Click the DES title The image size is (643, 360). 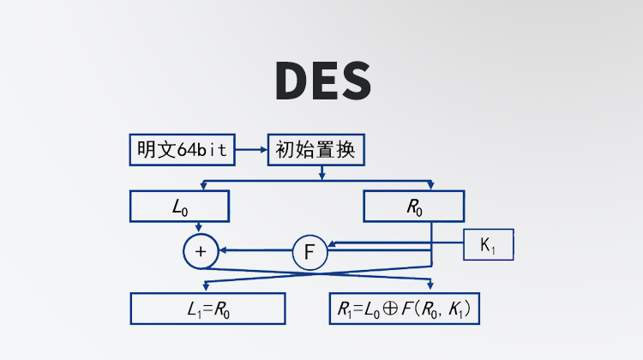[x=323, y=80]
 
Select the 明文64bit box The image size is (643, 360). [x=182, y=151]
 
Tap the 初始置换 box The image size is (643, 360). [x=316, y=151]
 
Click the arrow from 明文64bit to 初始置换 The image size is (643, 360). [x=250, y=151]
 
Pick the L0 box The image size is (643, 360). [x=180, y=207]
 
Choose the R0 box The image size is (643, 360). [x=414, y=207]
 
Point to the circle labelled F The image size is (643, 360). [x=309, y=252]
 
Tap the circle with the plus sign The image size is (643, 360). [x=201, y=251]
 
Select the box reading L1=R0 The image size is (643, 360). [x=207, y=309]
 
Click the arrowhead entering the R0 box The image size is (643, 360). [x=430, y=187]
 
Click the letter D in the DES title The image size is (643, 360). [x=291, y=80]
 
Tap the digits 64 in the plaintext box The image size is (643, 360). [x=186, y=151]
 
